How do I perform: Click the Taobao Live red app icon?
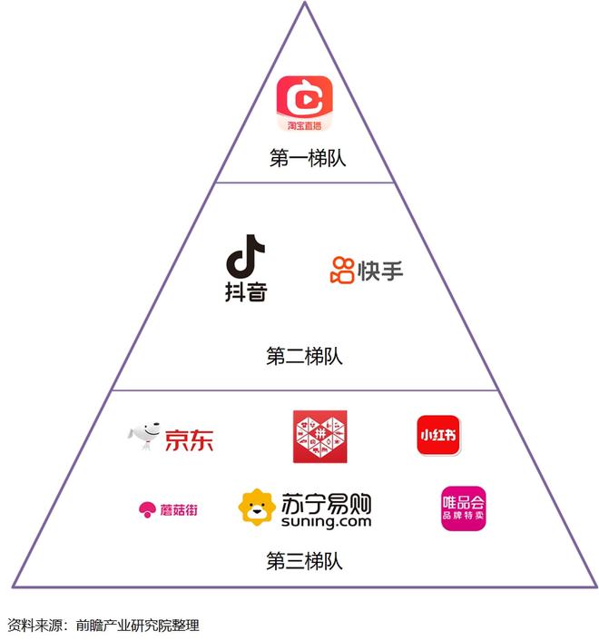pos(305,104)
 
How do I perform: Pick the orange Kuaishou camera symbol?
pos(342,270)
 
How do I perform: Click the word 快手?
pos(380,270)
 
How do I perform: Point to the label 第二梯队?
pos(305,356)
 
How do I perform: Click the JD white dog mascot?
pos(144,435)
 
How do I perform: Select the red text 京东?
pos(189,439)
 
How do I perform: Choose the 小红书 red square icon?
pos(438,434)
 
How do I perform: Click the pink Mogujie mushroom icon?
pos(145,509)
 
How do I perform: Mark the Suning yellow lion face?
pos(257,508)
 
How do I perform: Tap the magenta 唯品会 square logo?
pos(463,508)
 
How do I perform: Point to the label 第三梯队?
pos(305,561)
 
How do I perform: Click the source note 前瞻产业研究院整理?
pos(137,626)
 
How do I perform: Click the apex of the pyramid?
pos(305,3)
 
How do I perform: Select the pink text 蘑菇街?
pos(178,509)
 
